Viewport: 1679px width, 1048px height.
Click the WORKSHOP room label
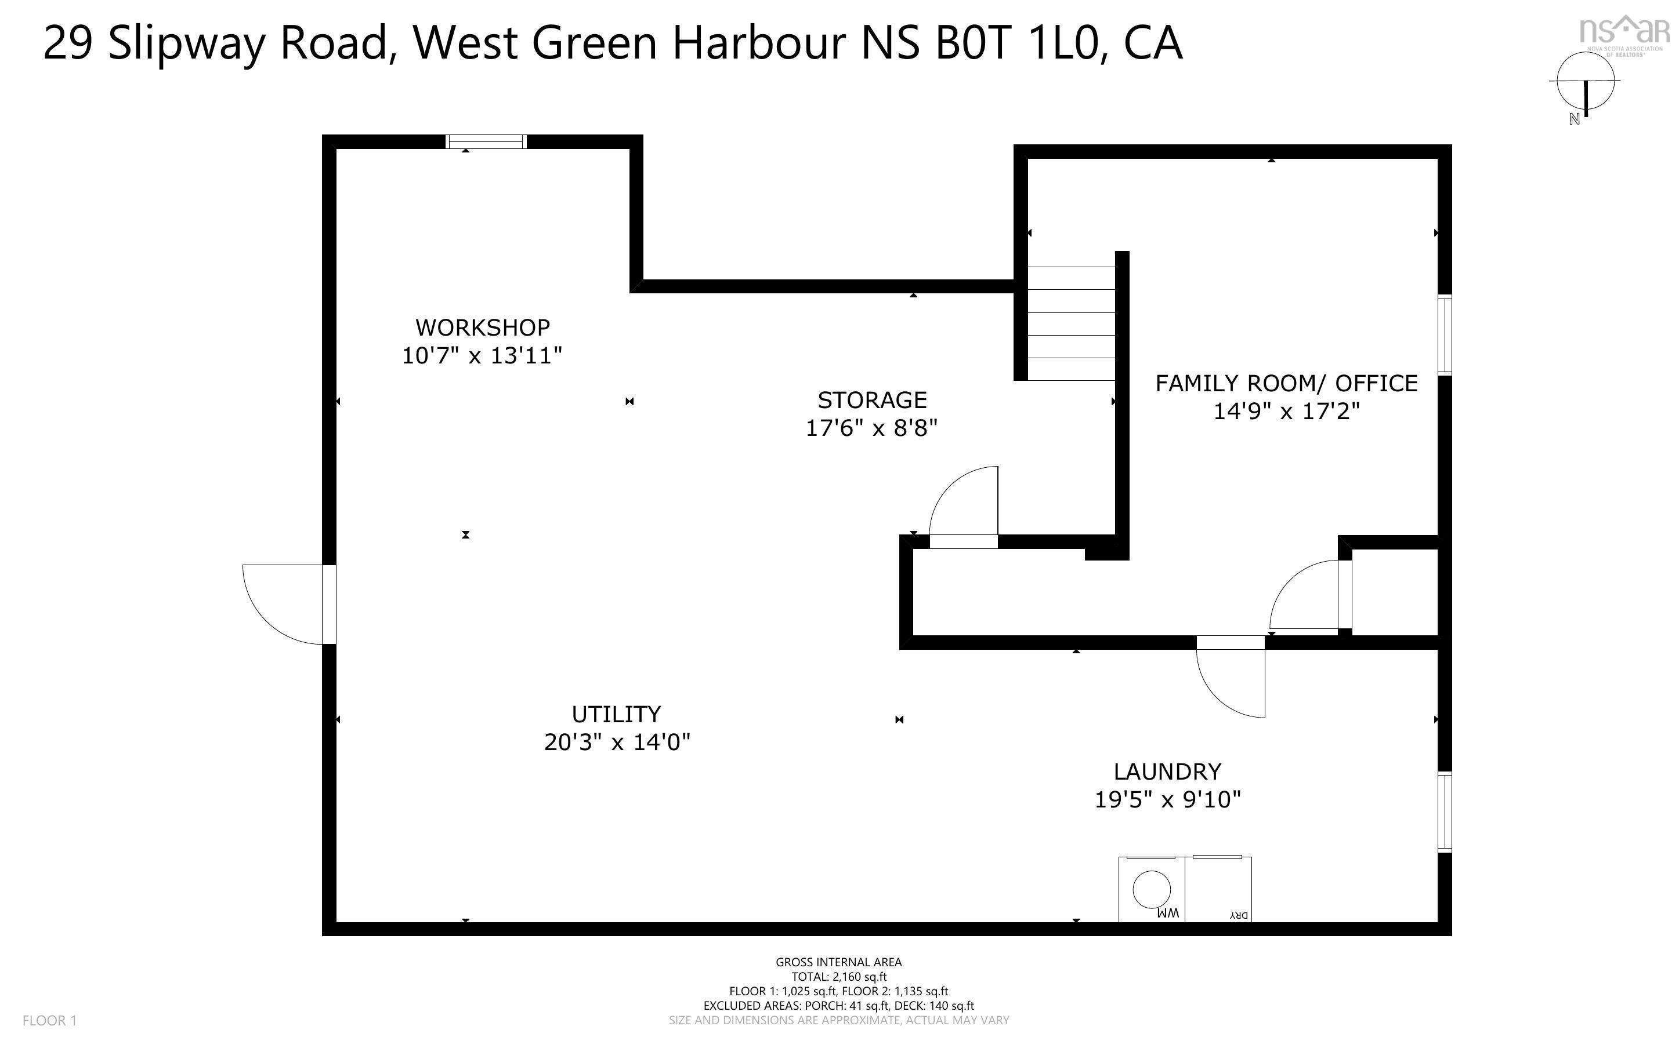[482, 327]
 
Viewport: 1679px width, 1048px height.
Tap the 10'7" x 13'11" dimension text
[482, 355]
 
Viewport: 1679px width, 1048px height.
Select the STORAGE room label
[872, 400]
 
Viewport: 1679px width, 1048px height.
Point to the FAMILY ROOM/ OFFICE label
[1286, 383]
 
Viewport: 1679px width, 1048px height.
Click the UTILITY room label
[616, 714]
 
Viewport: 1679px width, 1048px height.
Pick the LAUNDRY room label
[1167, 772]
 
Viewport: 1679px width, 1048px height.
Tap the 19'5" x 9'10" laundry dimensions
[1167, 800]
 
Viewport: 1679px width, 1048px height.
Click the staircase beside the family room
[1071, 323]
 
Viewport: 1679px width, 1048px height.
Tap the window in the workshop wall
[486, 141]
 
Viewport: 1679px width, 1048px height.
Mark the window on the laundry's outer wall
[1445, 811]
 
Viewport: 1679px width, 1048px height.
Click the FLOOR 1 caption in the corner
[49, 1020]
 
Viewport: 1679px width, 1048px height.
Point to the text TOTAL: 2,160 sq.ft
[838, 977]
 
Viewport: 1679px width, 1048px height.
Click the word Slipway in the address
[186, 43]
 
